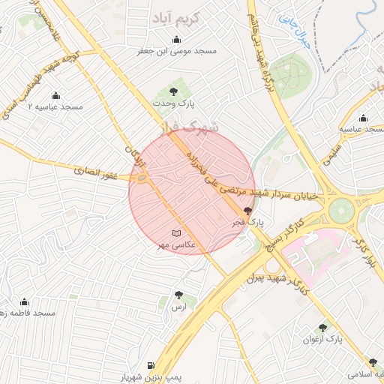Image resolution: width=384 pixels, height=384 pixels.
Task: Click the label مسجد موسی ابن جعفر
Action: [x=176, y=51]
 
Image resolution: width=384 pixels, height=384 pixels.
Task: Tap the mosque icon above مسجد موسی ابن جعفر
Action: [x=176, y=40]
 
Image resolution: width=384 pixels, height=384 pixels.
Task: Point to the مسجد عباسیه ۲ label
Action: [x=55, y=107]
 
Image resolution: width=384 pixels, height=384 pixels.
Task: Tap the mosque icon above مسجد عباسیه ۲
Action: [x=55, y=96]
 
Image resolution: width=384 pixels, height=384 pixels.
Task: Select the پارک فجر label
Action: [x=248, y=222]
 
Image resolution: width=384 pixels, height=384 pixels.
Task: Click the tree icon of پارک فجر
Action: [x=248, y=211]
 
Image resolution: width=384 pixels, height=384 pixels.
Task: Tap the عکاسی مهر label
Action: [x=176, y=245]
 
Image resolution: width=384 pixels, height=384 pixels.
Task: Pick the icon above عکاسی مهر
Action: [x=176, y=233]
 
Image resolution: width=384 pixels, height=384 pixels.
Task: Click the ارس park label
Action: [x=178, y=307]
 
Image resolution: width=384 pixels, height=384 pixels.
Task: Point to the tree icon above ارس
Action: [x=178, y=295]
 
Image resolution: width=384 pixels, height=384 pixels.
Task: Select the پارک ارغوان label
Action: [x=322, y=339]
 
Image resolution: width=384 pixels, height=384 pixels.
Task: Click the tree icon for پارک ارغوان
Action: [x=322, y=328]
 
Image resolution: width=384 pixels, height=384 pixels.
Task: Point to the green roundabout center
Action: [x=341, y=210]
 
